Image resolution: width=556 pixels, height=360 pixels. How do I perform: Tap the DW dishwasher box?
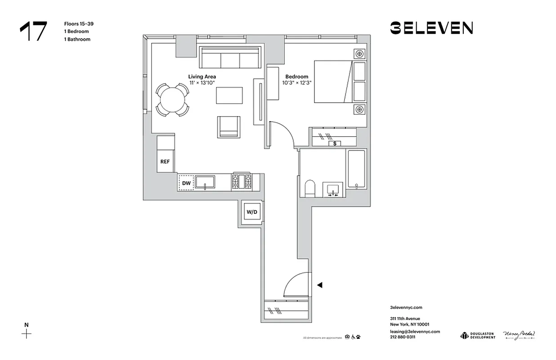[x=186, y=183]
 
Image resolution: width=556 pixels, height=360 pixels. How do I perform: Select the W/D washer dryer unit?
[x=251, y=211]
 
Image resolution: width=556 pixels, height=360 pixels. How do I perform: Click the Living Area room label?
[x=202, y=77]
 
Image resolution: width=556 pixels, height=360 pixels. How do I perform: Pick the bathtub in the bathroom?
[x=356, y=169]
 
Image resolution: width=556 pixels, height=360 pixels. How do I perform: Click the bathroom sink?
[x=333, y=189]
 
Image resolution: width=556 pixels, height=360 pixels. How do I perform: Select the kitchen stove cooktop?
[x=242, y=181]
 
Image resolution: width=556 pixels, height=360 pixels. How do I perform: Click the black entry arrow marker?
[x=320, y=285]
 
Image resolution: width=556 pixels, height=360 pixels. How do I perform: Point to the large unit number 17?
[x=33, y=31]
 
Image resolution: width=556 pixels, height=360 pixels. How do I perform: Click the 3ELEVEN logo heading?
[x=431, y=28]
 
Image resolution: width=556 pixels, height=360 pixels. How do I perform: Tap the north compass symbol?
[x=27, y=333]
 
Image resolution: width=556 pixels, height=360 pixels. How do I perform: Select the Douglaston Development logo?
[x=477, y=335]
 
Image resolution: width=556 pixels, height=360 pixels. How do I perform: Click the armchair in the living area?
[x=229, y=126]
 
